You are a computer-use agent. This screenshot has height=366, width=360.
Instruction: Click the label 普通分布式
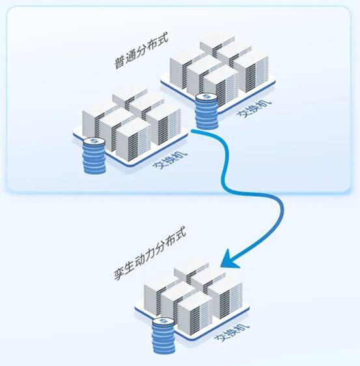coord(141,51)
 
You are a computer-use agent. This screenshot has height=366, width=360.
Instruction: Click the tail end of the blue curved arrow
coord(192,131)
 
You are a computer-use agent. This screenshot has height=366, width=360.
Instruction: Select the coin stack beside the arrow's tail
coord(206,111)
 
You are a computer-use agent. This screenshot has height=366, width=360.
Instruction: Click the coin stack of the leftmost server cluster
coord(94,156)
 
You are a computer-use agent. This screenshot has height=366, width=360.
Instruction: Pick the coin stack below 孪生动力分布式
coord(163,336)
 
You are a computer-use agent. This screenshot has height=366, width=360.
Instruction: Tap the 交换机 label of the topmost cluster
coord(255,109)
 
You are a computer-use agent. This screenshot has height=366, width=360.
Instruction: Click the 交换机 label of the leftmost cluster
coord(170,161)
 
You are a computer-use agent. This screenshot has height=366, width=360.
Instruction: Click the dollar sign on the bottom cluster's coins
coord(163,322)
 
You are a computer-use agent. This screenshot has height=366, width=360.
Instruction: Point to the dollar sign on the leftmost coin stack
coord(94,141)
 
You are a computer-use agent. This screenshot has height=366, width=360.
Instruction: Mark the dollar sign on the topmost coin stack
coord(206,96)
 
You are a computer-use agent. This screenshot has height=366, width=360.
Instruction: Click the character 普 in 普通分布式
coord(119,63)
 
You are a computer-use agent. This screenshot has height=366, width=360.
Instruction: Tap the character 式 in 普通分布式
coord(163,40)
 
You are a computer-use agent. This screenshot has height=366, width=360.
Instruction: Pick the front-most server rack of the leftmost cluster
coord(133,140)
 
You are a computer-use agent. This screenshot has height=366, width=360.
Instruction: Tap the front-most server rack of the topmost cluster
coord(221,87)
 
